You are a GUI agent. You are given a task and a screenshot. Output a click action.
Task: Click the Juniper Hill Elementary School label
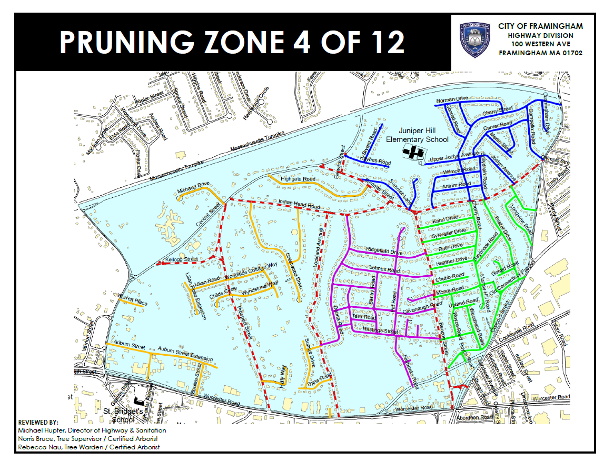[417, 135]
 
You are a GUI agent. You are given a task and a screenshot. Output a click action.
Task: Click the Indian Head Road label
[299, 205]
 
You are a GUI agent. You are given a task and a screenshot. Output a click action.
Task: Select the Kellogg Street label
[181, 259]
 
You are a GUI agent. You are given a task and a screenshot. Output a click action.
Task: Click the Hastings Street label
[380, 331]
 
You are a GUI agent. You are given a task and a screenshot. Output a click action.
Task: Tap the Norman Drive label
[451, 100]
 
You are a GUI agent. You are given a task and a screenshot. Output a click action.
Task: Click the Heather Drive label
[452, 260]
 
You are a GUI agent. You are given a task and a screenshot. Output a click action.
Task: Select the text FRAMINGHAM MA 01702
[540, 53]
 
